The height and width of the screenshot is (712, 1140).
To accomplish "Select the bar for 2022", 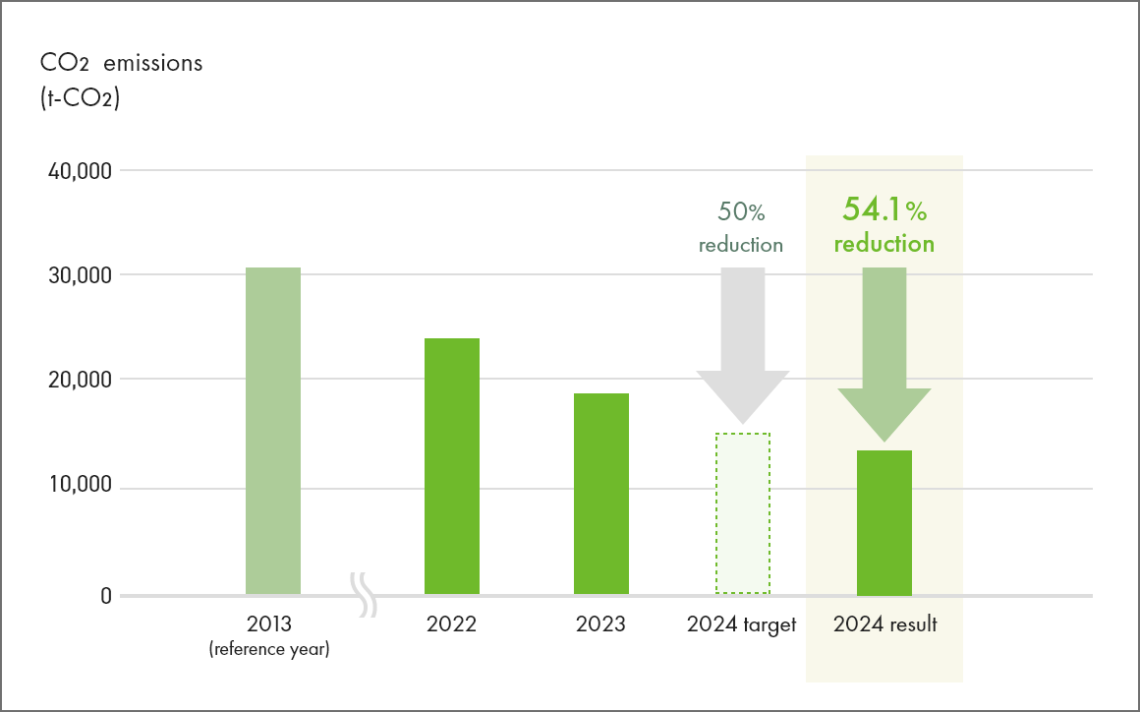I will (452, 466).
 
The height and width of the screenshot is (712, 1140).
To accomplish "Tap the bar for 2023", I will (601, 494).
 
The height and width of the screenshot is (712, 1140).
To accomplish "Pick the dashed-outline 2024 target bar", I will (743, 513).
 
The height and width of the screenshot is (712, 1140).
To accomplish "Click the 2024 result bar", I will (884, 522).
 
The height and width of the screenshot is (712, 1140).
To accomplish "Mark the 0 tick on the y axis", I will (103, 596).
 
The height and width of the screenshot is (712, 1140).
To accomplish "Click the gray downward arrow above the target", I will (743, 344).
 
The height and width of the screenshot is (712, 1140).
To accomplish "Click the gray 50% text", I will (741, 211).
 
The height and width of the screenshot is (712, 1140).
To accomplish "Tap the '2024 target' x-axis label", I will (742, 624).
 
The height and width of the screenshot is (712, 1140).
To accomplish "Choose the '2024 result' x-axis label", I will (884, 624).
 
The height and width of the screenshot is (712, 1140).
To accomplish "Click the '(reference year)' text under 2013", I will (269, 650).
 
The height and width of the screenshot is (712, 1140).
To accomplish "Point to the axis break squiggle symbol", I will (365, 596).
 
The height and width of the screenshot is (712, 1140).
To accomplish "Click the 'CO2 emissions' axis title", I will (121, 64).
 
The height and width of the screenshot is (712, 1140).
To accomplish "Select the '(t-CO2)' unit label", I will (80, 98).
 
